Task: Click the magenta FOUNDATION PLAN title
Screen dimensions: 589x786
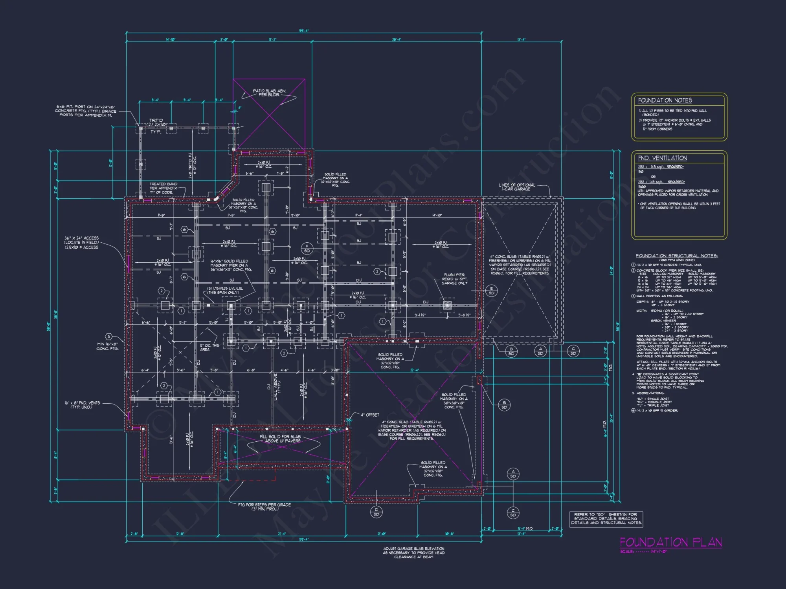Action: tap(670, 542)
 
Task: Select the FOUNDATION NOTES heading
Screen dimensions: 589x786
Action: tap(665, 101)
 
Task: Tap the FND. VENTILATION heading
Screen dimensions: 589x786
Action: tap(662, 158)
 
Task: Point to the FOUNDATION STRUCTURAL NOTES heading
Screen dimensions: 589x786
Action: tap(677, 256)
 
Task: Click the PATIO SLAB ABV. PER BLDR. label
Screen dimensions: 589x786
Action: tap(269, 93)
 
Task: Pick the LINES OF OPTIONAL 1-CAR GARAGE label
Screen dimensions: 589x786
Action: tap(517, 187)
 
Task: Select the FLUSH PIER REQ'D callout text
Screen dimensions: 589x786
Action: tap(454, 279)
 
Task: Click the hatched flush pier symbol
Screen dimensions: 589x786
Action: tap(447, 305)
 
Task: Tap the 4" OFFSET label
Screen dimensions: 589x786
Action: tap(370, 415)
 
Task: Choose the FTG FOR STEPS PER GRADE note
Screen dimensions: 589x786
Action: tap(264, 507)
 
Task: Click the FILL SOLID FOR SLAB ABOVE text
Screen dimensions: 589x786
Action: tap(280, 439)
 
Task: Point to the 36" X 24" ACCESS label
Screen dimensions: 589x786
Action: tap(81, 243)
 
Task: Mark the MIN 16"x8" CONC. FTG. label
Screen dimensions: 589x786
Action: tap(107, 346)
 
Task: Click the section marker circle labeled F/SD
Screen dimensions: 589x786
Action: tap(307, 248)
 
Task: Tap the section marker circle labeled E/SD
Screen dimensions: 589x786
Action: tap(491, 291)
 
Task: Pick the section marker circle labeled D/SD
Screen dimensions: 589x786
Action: tap(376, 512)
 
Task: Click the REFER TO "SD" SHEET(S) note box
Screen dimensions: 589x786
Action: tap(606, 518)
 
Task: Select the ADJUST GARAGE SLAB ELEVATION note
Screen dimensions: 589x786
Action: tap(413, 552)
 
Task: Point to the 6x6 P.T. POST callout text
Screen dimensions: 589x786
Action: tap(86, 111)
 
